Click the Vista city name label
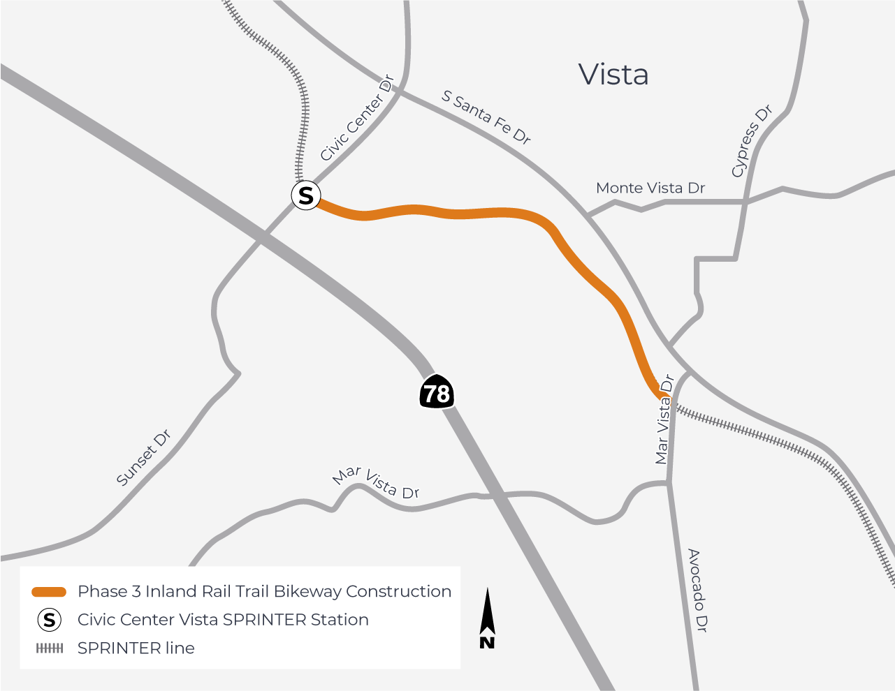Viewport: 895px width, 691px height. pyautogui.click(x=613, y=75)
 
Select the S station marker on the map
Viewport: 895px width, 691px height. pyautogui.click(x=306, y=195)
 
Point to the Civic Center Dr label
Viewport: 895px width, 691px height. pyautogui.click(x=357, y=119)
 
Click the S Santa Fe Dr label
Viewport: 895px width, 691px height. pyautogui.click(x=486, y=117)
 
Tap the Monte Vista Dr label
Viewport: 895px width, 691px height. pyautogui.click(x=650, y=188)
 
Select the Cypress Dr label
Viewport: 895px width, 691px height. pyautogui.click(x=752, y=141)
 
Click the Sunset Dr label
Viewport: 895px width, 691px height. pyautogui.click(x=144, y=459)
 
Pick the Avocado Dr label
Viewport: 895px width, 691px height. pyautogui.click(x=697, y=590)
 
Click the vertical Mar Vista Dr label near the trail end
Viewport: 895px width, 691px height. pyautogui.click(x=664, y=419)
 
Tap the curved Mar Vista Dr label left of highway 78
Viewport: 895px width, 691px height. pyautogui.click(x=376, y=483)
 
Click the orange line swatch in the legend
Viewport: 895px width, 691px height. pyautogui.click(x=49, y=592)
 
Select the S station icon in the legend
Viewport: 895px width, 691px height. pyautogui.click(x=49, y=620)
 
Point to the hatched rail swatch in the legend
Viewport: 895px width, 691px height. pyautogui.click(x=49, y=648)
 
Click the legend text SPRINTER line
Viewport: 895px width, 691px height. pyautogui.click(x=136, y=648)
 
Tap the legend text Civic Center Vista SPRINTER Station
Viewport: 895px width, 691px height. pyautogui.click(x=223, y=620)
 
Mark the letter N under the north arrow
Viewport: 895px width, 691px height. pyautogui.click(x=487, y=642)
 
